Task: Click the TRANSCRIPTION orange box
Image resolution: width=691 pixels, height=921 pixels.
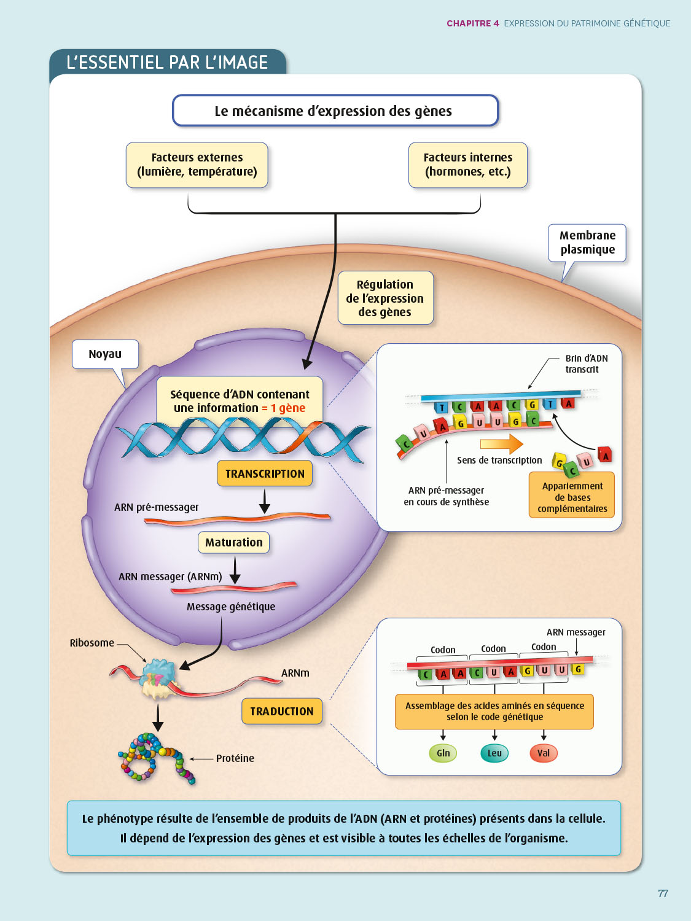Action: coord(265,474)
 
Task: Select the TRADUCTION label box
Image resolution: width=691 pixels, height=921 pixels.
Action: coord(282,711)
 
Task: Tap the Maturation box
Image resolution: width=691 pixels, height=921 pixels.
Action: coord(233,543)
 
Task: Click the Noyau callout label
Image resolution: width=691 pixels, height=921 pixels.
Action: coord(105,354)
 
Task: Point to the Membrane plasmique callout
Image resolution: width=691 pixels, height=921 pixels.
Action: coord(587,243)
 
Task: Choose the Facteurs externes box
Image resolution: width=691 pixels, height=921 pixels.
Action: coord(197,165)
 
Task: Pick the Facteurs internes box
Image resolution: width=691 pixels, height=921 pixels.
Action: coord(468,165)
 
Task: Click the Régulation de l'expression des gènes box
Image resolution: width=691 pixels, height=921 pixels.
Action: coord(385,298)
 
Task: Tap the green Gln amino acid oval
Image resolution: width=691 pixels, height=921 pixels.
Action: coord(443,753)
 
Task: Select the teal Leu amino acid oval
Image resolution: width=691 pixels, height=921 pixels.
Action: coord(494,753)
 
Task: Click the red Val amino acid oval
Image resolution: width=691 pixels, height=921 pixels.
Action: coord(544,753)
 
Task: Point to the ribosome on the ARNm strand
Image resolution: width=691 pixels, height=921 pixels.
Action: coord(158,678)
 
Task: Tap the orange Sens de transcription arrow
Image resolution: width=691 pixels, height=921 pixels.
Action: coord(501,444)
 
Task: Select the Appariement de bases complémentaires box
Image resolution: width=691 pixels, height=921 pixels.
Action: coord(572,495)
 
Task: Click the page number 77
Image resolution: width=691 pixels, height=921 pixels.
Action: coord(663,893)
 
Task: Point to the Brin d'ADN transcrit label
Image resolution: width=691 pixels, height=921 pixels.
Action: coord(587,364)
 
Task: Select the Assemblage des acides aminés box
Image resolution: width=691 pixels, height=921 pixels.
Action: coord(494,712)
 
